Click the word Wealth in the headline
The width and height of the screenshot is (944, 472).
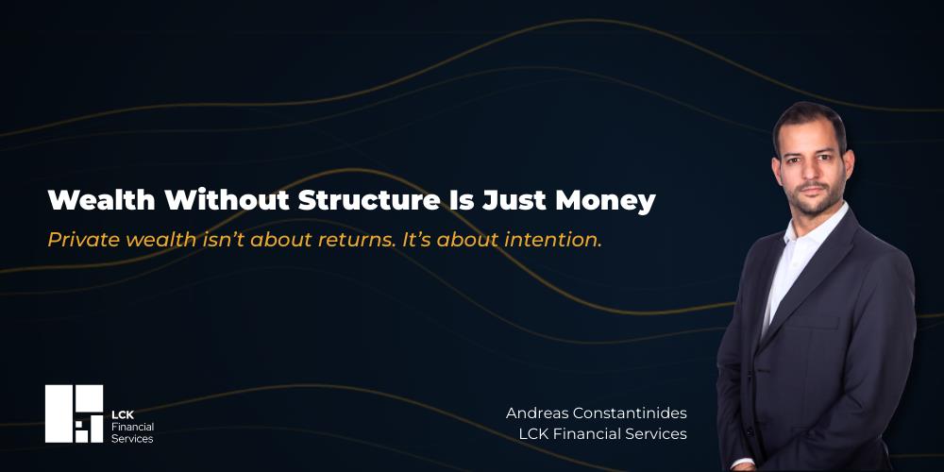click(x=102, y=200)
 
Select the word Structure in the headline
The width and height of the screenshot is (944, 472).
click(x=369, y=200)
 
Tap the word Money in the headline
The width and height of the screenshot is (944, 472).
click(x=605, y=202)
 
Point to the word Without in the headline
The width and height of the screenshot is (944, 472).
click(x=227, y=200)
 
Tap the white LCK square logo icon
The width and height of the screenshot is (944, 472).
click(x=74, y=413)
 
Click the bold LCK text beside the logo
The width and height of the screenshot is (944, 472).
click(x=122, y=414)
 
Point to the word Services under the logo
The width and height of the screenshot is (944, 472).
click(x=132, y=439)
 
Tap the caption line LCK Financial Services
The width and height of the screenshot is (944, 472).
click(x=602, y=433)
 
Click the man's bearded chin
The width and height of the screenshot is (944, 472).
click(x=815, y=206)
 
